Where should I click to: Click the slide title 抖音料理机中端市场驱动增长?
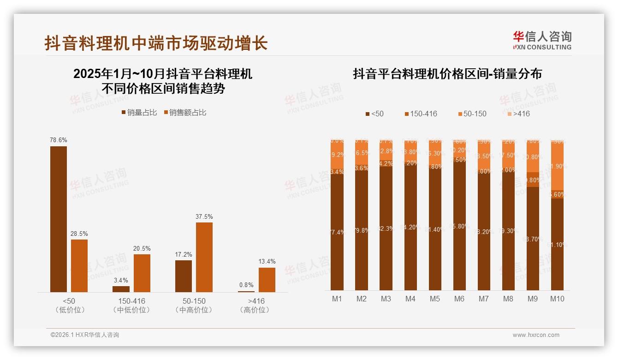156,43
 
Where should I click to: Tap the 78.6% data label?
59,140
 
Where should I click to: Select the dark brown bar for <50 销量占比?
59,219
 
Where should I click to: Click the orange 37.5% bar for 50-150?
204,257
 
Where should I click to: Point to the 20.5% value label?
142,248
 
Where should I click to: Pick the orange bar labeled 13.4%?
267,280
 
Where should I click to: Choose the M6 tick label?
459,299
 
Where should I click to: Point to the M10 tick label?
557,299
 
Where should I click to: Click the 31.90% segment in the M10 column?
557,166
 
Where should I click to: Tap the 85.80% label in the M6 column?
459,226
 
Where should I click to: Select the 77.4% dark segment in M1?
337,232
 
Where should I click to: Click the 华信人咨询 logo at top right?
542,40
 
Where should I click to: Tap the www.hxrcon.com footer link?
536,335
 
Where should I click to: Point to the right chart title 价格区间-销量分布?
447,74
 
